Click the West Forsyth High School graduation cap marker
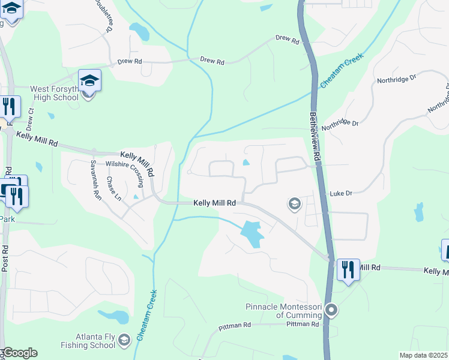89,81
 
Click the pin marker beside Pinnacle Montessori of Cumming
331,310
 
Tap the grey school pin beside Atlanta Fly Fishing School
124,340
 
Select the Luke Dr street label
340,194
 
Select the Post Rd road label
4,258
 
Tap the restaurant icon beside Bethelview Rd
348,269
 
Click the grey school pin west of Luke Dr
294,205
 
